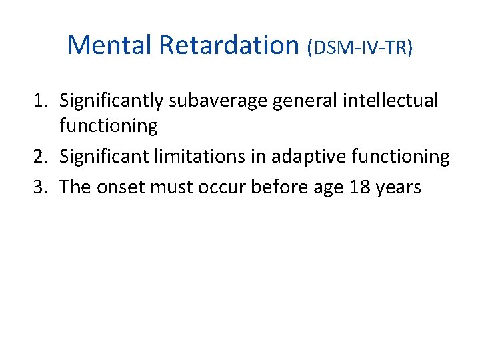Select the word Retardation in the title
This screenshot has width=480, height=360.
tap(229, 45)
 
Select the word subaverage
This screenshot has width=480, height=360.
tap(209, 101)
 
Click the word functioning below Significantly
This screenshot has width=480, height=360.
tap(108, 126)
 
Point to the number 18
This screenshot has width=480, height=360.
tap(359, 187)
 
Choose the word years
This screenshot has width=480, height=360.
tap(398, 187)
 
